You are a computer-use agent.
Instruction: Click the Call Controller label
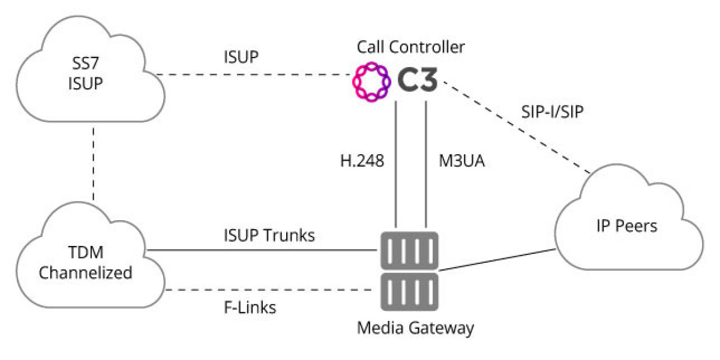tap(410, 46)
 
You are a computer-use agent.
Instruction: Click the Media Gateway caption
tap(415, 328)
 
